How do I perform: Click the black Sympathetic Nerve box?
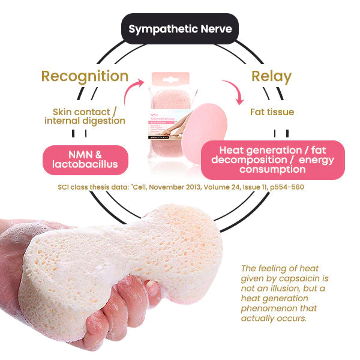coord(179,29)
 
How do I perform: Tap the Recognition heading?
coord(85,76)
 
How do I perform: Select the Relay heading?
coord(272,76)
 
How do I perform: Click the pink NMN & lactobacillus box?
coord(85,160)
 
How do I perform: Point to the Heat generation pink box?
coord(272,160)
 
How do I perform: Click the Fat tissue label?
coord(272,112)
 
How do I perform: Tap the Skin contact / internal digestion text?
coord(85,116)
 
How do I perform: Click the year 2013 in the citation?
coord(213,187)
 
